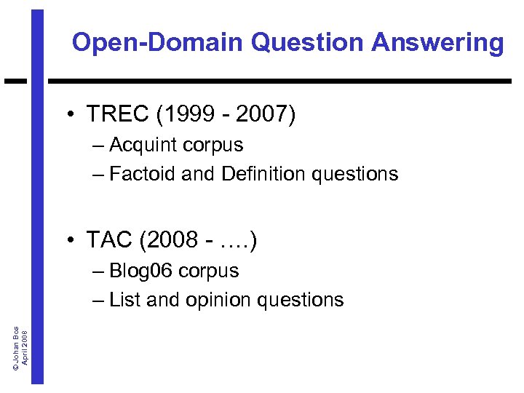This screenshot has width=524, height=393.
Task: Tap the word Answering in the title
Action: coord(437,42)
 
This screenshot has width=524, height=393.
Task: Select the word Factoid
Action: coord(140,174)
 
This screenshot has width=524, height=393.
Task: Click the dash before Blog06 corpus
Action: coord(98,271)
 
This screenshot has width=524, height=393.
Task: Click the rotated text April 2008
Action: coord(25,348)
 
